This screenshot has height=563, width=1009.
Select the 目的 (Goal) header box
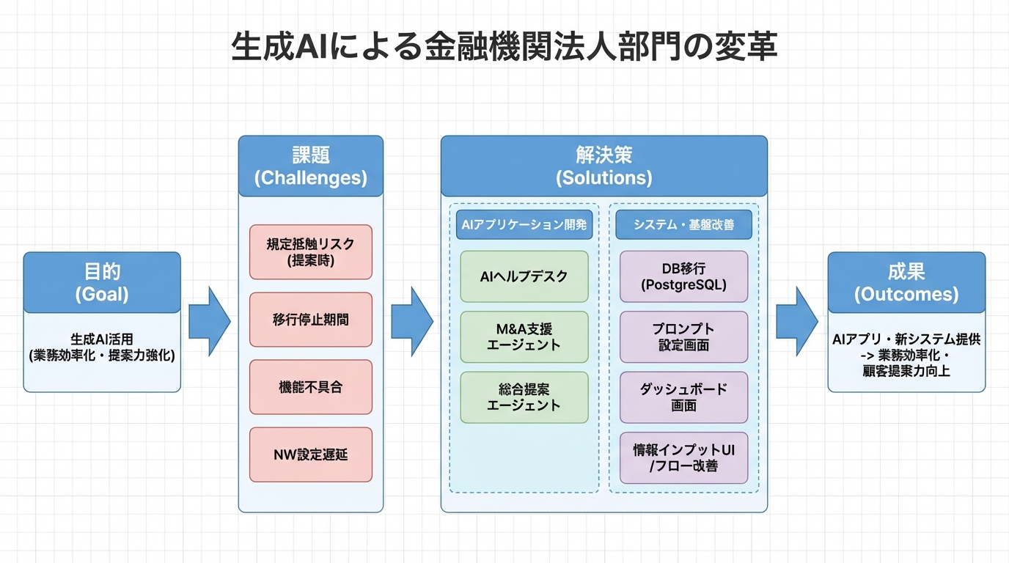(x=102, y=282)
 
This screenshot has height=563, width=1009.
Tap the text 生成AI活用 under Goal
(x=102, y=339)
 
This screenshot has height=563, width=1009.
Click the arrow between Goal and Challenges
(x=209, y=321)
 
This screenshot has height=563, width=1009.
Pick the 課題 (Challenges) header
(x=310, y=166)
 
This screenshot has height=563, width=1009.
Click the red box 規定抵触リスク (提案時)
(x=310, y=251)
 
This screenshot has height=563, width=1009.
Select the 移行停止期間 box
(x=310, y=320)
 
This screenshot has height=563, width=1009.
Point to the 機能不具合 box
(x=310, y=387)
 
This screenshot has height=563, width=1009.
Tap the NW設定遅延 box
(x=310, y=455)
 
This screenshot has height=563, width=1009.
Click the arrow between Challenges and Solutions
(x=411, y=321)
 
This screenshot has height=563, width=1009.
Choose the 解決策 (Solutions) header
(x=603, y=166)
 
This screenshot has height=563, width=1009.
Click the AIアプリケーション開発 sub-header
(x=524, y=225)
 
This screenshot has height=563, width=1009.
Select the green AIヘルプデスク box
(x=524, y=276)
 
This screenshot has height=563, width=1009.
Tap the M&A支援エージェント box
(x=524, y=337)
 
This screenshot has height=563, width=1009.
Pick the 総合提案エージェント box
(x=524, y=397)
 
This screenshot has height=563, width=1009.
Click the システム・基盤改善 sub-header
(x=683, y=225)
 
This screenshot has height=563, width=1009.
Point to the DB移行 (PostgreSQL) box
(x=683, y=276)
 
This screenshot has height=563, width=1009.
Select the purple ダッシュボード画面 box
(x=683, y=397)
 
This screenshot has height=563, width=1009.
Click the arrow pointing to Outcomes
(x=797, y=321)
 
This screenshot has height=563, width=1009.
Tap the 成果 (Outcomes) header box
(x=906, y=282)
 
